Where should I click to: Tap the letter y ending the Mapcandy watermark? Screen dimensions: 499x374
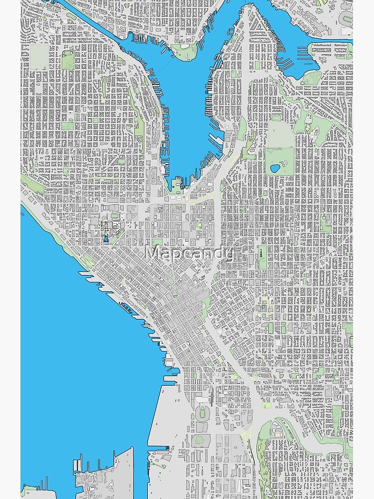click(x=228, y=255)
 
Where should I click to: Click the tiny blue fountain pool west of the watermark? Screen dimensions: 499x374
click(x=106, y=240)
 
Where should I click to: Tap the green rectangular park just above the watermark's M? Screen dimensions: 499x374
click(x=157, y=242)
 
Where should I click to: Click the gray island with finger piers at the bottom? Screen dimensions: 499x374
click(x=107, y=474)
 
